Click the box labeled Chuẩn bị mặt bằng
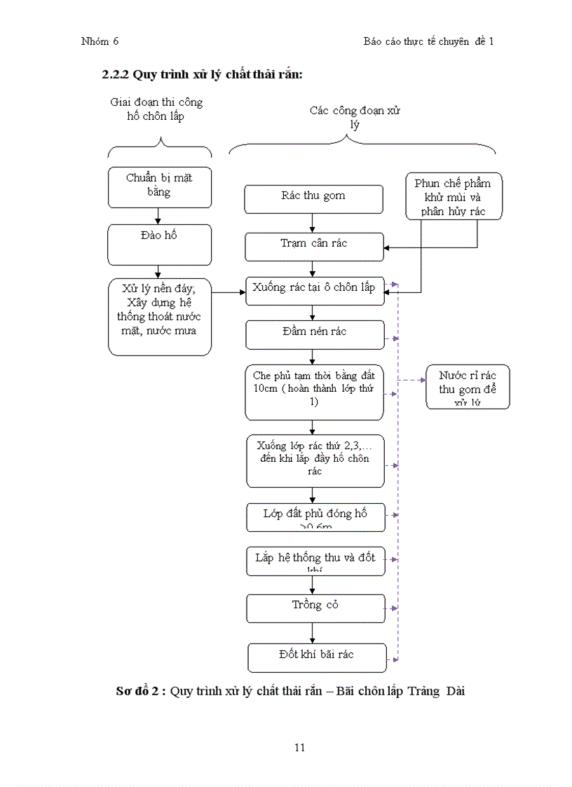pos(160,187)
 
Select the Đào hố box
pos(160,245)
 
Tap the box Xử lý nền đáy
pos(160,317)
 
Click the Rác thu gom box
pos(313,199)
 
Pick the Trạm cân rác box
pos(314,246)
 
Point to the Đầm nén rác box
pos(315,334)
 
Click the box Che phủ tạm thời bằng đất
pos(314,392)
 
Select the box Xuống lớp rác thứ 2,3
pos(315,460)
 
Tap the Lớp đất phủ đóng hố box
pos(315,517)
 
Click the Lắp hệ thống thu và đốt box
pos(315,561)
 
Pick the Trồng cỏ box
pos(315,608)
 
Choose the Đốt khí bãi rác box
pos(317,657)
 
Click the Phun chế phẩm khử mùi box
pos(454,196)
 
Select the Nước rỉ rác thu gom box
pos(468,387)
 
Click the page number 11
pos(299,747)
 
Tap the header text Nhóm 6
pos(100,41)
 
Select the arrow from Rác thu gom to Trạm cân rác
pos(313,223)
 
